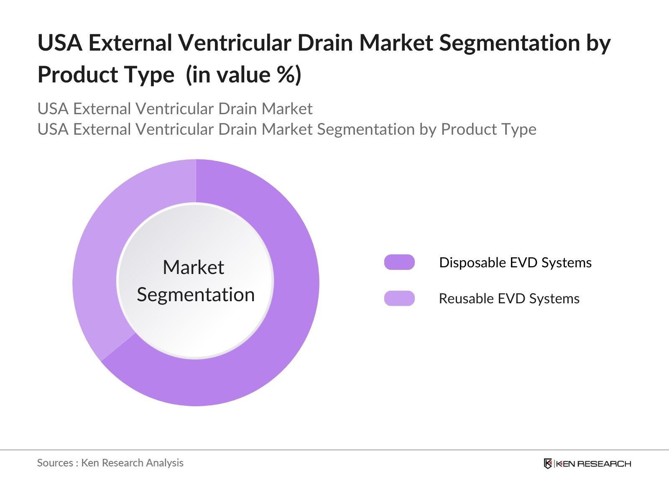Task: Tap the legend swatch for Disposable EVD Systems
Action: click(399, 262)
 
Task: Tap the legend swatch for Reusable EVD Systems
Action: click(399, 298)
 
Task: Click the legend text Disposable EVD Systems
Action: click(515, 263)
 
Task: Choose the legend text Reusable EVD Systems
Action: click(509, 299)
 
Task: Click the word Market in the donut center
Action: click(193, 267)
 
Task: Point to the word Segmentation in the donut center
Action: click(196, 295)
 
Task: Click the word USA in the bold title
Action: click(59, 43)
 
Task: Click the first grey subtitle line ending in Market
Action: click(175, 109)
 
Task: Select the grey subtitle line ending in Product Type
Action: click(287, 129)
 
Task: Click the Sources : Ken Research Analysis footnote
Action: click(110, 463)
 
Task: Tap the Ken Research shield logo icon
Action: click(548, 464)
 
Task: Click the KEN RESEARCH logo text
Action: click(593, 464)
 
